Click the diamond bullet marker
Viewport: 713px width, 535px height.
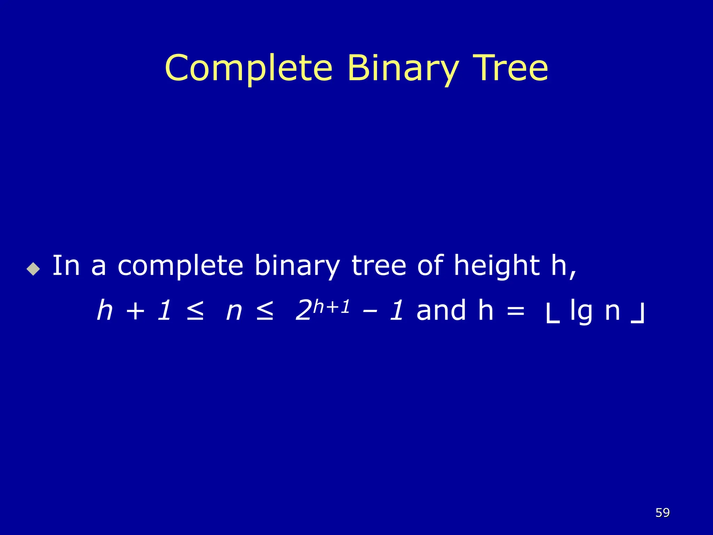coord(33,269)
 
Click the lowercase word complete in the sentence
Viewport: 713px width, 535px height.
coord(180,266)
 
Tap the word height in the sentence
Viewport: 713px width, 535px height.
coord(497,266)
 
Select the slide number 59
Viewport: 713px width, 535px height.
coord(662,512)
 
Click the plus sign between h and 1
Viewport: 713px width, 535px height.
coord(135,311)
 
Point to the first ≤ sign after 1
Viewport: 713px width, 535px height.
coord(195,311)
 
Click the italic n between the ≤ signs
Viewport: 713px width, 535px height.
coord(234,311)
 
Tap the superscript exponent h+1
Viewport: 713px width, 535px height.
coord(331,307)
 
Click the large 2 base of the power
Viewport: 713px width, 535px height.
coord(303,311)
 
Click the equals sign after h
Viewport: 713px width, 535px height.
coord(516,311)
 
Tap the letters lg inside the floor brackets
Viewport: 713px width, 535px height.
coord(581,311)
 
